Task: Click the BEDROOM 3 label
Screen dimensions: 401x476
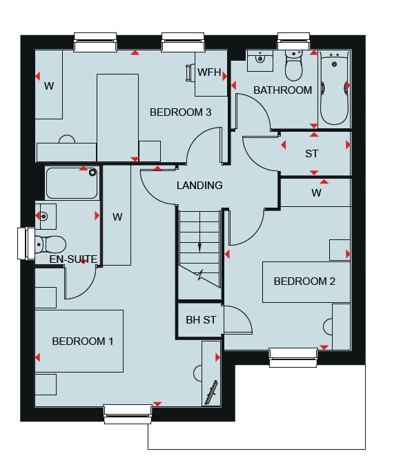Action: [180, 112]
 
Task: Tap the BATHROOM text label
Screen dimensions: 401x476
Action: [282, 90]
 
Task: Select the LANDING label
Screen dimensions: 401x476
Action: [199, 185]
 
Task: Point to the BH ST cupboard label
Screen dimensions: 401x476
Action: [201, 319]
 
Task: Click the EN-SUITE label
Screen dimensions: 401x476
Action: [73, 259]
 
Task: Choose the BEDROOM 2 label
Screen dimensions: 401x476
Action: [304, 281]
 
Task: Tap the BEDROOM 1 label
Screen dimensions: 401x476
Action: [83, 341]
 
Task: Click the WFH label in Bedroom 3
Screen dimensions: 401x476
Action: [209, 72]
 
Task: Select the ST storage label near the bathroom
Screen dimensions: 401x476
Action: [312, 154]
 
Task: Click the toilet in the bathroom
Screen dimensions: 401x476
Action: [294, 66]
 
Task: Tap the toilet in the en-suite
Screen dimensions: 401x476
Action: [50, 245]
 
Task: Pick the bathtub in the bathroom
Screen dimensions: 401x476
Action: [335, 88]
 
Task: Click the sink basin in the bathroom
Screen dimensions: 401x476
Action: [260, 61]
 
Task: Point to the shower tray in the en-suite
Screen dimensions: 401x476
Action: [72, 183]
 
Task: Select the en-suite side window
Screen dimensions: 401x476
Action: [26, 244]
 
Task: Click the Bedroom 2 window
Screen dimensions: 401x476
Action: [293, 357]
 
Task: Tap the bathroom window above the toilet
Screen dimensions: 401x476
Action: [294, 41]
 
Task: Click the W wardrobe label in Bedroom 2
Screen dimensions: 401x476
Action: [316, 192]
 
